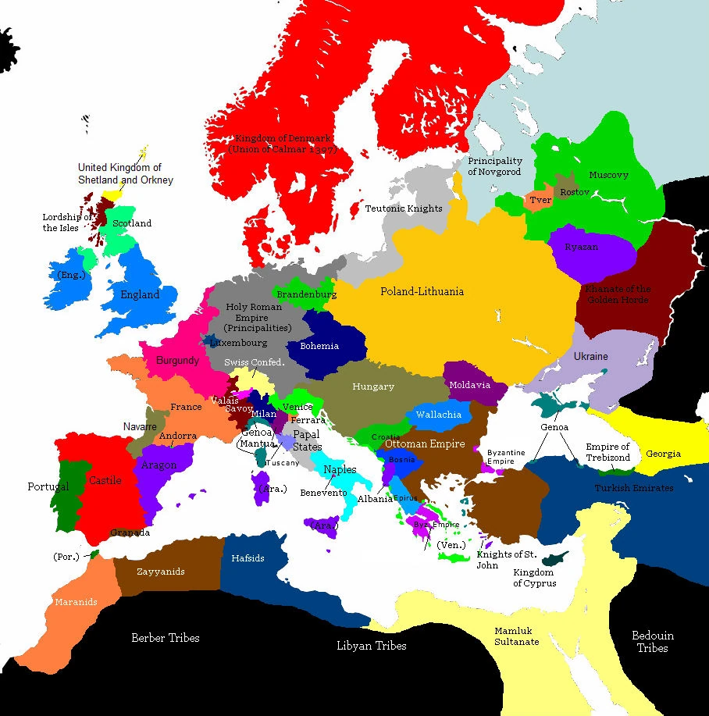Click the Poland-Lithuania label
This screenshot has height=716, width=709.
click(422, 291)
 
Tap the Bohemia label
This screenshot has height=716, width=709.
click(319, 345)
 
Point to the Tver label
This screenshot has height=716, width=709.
click(540, 200)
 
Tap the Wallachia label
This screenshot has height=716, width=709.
click(438, 415)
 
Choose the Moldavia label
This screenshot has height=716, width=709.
click(469, 385)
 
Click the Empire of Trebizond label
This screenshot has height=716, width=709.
click(607, 452)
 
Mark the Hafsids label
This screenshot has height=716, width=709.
click(248, 558)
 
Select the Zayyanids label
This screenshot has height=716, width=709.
click(160, 572)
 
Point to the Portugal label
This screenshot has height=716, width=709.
click(48, 486)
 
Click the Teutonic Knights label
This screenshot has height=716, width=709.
click(404, 208)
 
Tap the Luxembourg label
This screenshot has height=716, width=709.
click(237, 343)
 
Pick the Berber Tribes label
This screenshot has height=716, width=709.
click(165, 638)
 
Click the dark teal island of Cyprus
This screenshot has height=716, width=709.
click(555, 557)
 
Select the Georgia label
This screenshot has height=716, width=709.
click(662, 454)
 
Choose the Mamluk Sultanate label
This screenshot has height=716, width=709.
click(516, 636)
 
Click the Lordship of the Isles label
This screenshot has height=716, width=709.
click(66, 223)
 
